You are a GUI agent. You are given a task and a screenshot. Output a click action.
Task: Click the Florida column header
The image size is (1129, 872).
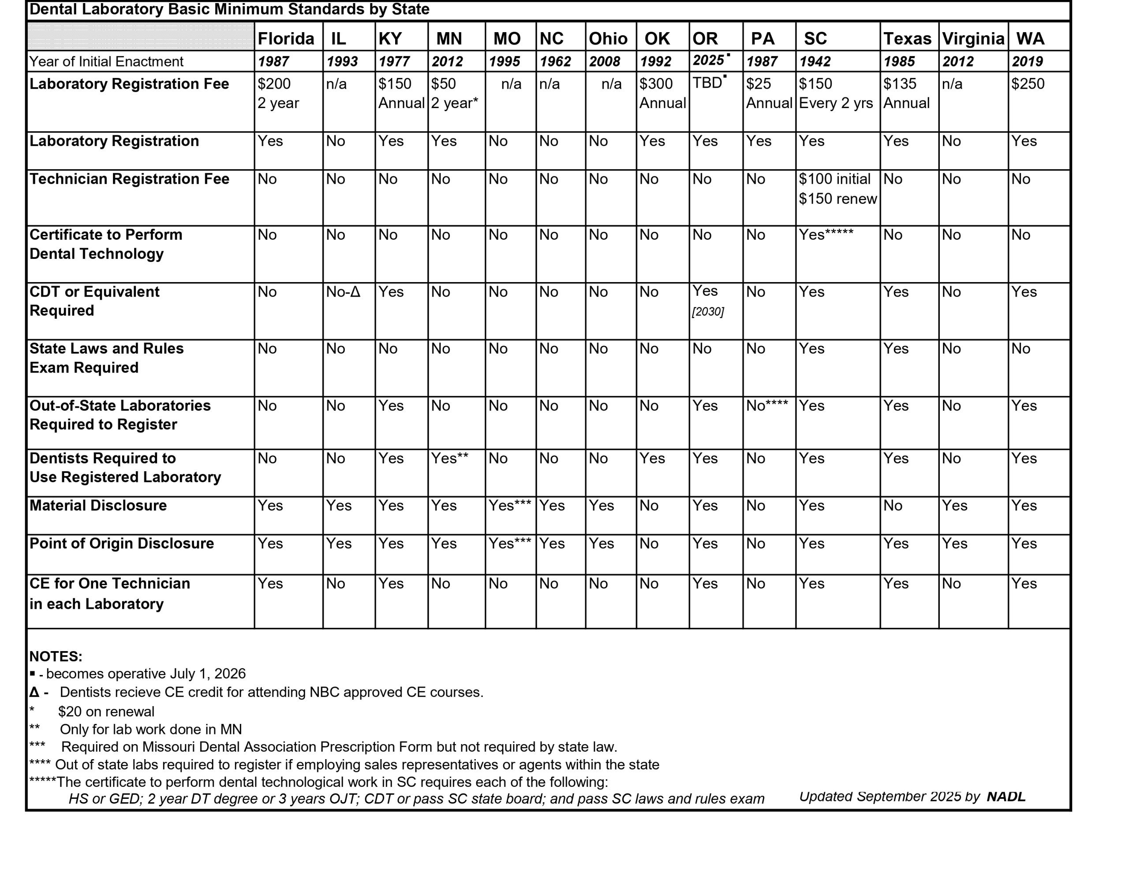(x=286, y=38)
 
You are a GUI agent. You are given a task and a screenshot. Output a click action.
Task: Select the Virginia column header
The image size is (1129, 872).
(x=973, y=38)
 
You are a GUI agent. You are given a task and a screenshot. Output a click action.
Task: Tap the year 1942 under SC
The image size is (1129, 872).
(x=815, y=62)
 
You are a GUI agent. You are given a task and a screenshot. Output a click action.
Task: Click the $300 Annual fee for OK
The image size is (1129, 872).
(x=662, y=93)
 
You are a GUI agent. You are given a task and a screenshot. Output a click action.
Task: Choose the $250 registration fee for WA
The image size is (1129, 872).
(x=1028, y=84)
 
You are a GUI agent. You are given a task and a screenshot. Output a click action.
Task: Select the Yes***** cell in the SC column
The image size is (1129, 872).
(x=826, y=235)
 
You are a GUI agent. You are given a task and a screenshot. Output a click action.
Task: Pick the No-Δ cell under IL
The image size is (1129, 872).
(x=343, y=292)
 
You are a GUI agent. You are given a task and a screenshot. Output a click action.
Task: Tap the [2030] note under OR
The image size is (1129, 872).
(x=708, y=312)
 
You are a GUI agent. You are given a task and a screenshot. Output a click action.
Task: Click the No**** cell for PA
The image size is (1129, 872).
(x=767, y=406)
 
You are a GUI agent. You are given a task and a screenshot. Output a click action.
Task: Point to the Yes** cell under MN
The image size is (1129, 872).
(x=450, y=458)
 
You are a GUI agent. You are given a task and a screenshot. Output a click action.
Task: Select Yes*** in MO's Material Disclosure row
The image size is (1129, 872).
(x=510, y=506)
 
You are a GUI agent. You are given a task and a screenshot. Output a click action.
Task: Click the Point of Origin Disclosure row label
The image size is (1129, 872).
(x=121, y=543)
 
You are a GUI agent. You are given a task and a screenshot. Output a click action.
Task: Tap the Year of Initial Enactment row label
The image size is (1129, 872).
(x=106, y=62)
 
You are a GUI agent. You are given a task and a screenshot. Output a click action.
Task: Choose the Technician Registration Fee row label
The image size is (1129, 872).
(x=129, y=179)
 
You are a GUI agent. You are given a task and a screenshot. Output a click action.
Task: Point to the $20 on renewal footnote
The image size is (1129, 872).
(x=106, y=712)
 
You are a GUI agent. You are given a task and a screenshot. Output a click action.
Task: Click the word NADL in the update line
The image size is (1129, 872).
(x=1006, y=797)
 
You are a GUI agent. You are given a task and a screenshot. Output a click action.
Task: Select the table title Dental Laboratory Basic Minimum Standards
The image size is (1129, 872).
(x=229, y=9)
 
